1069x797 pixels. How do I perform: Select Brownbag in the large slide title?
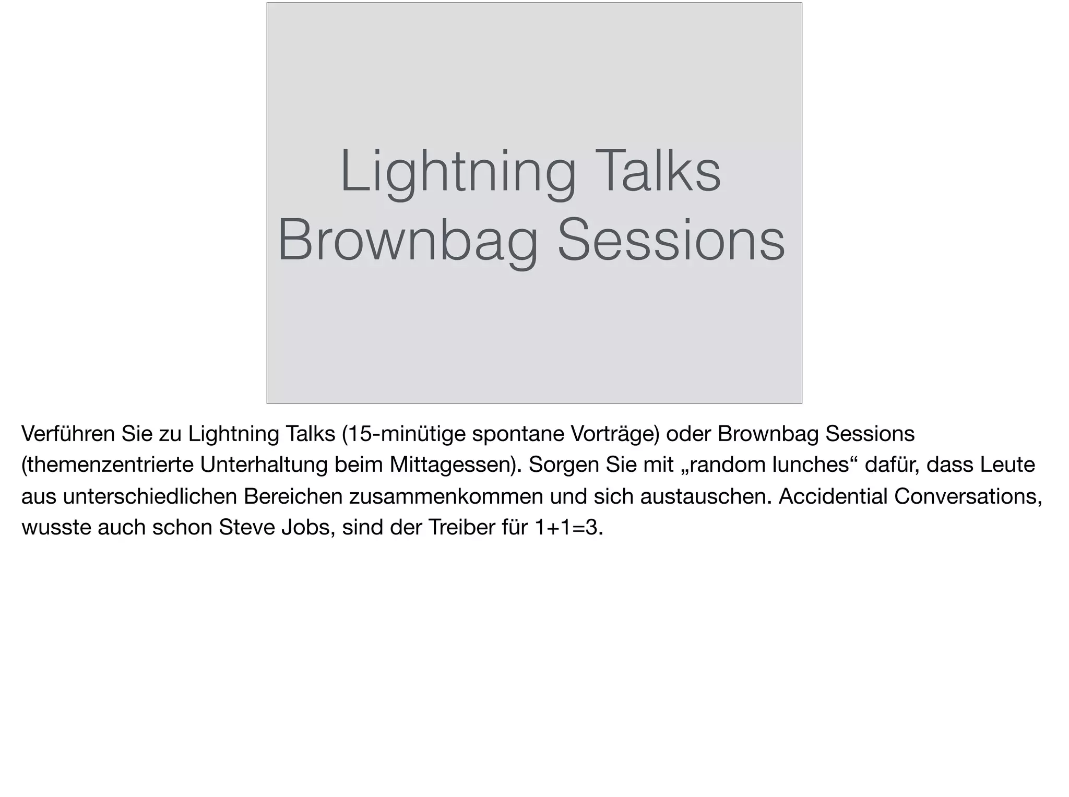(x=407, y=241)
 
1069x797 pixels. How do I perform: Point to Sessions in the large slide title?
(x=671, y=241)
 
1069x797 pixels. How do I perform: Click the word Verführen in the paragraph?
(x=68, y=434)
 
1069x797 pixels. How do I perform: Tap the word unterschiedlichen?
(x=149, y=496)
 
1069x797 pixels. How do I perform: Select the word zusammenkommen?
(x=446, y=496)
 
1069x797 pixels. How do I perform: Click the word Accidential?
(x=833, y=496)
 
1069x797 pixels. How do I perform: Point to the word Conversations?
(x=967, y=496)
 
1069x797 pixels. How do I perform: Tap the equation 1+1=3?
(x=568, y=528)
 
